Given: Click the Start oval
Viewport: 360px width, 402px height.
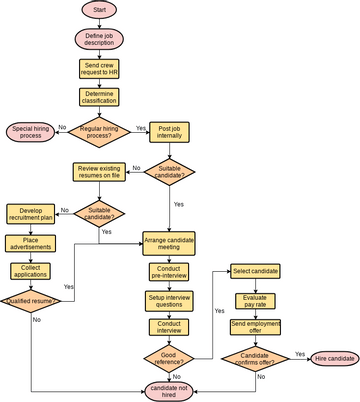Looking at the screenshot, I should click(99, 10).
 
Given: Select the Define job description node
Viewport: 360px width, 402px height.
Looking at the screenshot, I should click(99, 39).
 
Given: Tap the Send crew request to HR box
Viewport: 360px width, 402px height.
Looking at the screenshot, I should click(99, 69).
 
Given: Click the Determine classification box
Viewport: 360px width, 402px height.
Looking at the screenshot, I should click(99, 98).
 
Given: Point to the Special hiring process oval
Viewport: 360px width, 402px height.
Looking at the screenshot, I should click(32, 131).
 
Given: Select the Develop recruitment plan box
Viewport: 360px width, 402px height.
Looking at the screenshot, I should click(32, 214).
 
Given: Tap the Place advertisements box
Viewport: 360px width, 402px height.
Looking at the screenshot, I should click(32, 243).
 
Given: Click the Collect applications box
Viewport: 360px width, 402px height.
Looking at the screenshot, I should click(32, 271).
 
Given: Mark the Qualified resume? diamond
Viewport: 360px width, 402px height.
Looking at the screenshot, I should click(32, 300).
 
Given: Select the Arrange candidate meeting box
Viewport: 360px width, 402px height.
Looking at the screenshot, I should click(170, 243).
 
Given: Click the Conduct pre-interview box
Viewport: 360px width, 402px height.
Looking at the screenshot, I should click(170, 272).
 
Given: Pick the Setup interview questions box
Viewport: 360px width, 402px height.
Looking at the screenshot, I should click(170, 300).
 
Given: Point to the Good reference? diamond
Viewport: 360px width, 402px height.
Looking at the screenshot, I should click(170, 356).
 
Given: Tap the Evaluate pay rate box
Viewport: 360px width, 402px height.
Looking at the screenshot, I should click(255, 300).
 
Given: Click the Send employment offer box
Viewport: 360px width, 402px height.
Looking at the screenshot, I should click(255, 328).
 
